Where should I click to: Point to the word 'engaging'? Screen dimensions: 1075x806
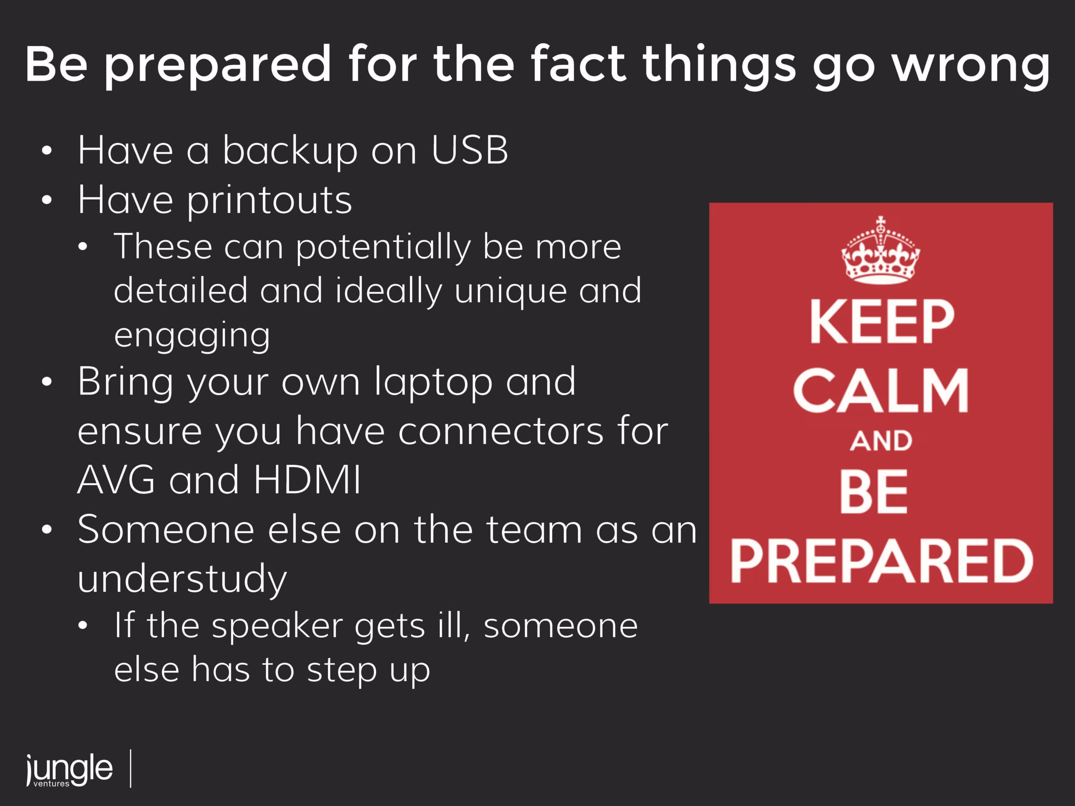[191, 336]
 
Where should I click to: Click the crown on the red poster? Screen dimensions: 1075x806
[881, 250]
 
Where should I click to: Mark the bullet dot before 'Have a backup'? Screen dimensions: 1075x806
[47, 151]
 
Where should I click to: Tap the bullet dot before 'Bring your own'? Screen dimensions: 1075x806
[47, 382]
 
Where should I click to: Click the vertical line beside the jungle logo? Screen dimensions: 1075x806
[131, 768]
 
